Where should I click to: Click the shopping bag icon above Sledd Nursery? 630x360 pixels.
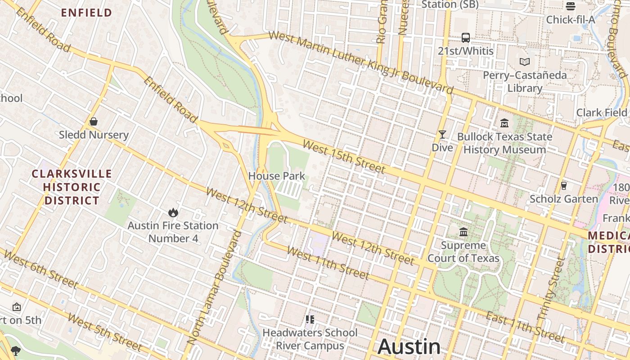[94, 121]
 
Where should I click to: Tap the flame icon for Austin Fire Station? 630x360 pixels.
[173, 212]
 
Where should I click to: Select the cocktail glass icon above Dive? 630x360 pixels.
[442, 134]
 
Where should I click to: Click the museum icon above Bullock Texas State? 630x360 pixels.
[504, 123]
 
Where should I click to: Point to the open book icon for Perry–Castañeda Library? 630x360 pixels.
[524, 62]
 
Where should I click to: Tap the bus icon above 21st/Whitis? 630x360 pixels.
[465, 38]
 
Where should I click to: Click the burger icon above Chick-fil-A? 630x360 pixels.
[570, 6]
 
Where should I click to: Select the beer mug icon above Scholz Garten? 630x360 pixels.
[563, 185]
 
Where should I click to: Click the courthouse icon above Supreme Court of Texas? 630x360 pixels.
[463, 232]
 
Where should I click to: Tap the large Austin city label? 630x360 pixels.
[409, 346]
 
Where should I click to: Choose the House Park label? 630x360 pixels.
[277, 176]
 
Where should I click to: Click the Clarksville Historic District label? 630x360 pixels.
[66, 187]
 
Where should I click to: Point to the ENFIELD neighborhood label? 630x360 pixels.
[86, 13]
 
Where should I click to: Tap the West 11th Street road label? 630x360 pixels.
[328, 263]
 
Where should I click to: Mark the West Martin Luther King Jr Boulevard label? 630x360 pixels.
[360, 62]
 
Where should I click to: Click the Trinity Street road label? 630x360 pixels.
[551, 288]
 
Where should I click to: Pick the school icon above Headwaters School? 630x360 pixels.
[310, 319]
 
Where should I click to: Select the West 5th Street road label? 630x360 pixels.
[105, 332]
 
